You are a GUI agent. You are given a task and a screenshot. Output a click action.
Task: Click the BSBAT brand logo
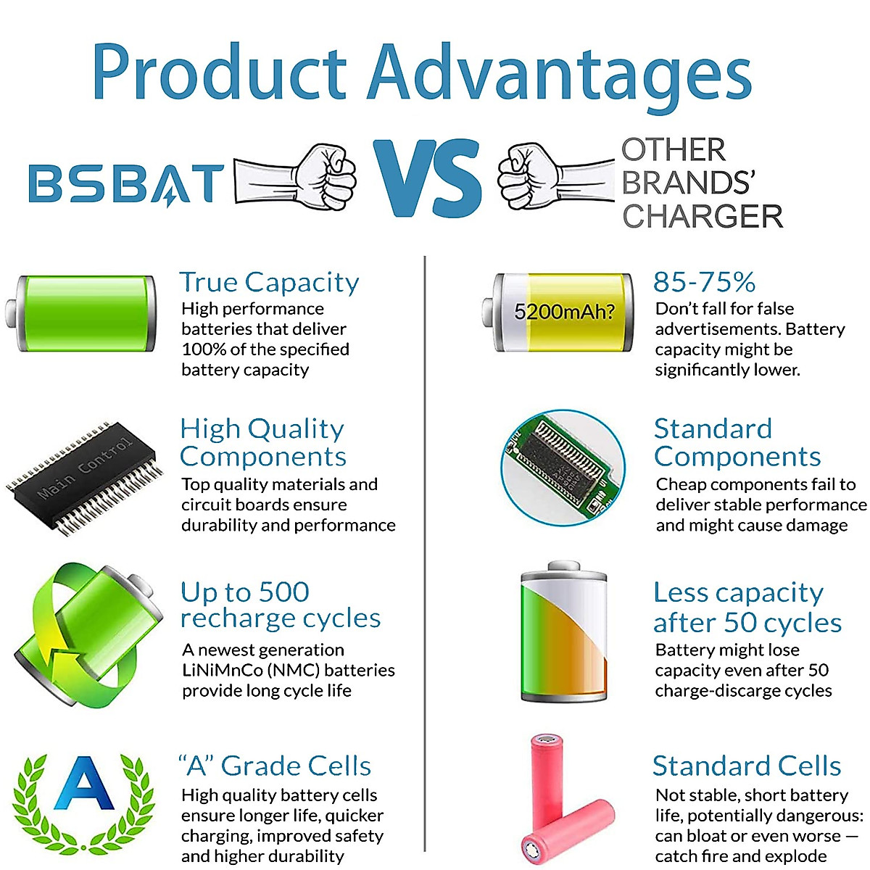(126, 183)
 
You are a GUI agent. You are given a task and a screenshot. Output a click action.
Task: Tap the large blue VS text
(427, 178)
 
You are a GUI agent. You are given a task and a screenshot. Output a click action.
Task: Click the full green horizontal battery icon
(80, 313)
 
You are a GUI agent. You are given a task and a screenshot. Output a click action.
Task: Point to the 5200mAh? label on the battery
(564, 312)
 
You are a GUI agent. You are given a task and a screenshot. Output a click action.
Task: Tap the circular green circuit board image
(563, 468)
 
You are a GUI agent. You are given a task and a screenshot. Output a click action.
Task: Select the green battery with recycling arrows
(88, 634)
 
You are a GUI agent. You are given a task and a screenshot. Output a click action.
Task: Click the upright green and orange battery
(564, 631)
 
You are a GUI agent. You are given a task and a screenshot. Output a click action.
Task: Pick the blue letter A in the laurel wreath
(84, 783)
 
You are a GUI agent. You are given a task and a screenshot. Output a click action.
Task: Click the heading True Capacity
(269, 283)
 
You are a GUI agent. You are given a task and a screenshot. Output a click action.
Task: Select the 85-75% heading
(704, 282)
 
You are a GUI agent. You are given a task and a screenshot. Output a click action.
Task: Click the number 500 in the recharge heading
(284, 592)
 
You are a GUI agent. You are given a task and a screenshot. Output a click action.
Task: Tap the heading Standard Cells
(747, 766)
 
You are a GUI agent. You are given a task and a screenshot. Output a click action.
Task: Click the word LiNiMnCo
(223, 671)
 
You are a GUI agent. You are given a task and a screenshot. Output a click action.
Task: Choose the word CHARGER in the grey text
(703, 216)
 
